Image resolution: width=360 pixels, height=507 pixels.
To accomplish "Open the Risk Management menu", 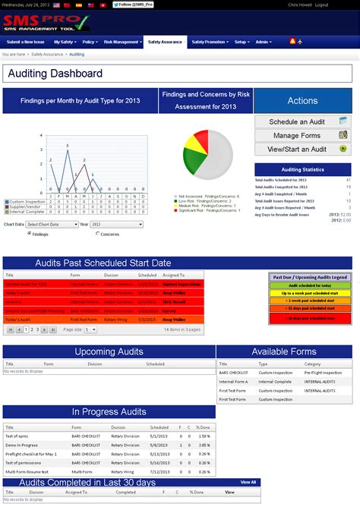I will pyautogui.click(x=122, y=43).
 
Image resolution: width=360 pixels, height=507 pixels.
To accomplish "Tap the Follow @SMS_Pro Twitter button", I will pyautogui.click(x=134, y=5).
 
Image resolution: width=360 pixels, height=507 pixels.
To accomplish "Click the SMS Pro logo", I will pyautogui.click(x=43, y=21).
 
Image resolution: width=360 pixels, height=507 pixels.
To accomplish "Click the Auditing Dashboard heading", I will pyautogui.click(x=54, y=74).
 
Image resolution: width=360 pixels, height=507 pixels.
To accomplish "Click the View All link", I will pyautogui.click(x=248, y=482).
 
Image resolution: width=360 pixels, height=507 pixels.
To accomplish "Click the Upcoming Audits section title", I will pyautogui.click(x=109, y=351).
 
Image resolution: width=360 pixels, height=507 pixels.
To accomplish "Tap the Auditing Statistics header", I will pyautogui.click(x=302, y=170).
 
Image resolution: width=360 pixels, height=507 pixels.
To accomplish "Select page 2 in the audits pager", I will pyautogui.click(x=27, y=330).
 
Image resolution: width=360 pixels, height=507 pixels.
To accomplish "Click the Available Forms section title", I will pyautogui.click(x=284, y=351).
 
